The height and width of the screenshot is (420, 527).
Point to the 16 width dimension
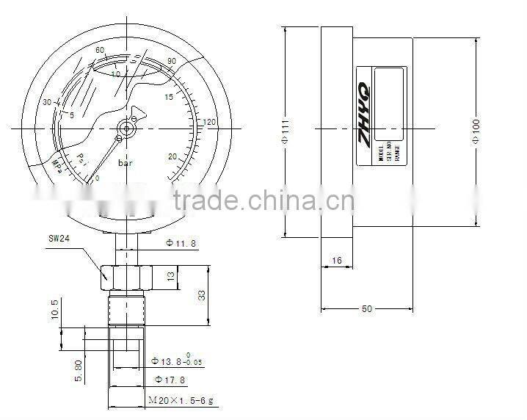(x=337, y=261)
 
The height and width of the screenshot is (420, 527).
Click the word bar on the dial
(x=126, y=164)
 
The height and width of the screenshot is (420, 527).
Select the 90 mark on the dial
(x=172, y=61)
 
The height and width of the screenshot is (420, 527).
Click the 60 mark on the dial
(x=100, y=50)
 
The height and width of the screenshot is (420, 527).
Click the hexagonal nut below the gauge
(x=126, y=277)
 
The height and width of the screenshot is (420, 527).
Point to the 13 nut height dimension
(x=170, y=276)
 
